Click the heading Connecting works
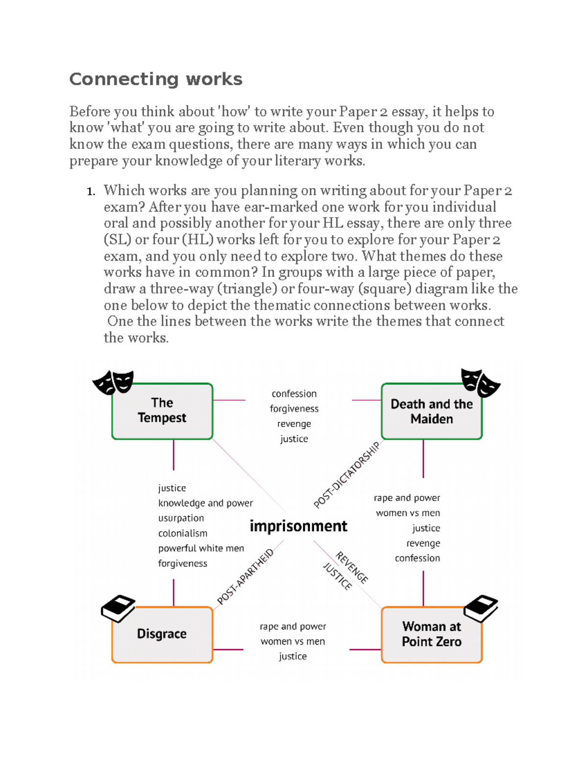(156, 79)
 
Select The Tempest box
(162, 411)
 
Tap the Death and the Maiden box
(431, 412)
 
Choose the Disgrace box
(162, 634)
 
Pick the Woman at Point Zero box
(431, 634)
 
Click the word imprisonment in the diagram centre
(298, 526)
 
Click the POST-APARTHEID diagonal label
(245, 577)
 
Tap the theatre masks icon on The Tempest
(114, 383)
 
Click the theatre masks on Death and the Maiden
(480, 383)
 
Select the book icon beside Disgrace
(118, 608)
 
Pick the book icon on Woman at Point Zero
(481, 608)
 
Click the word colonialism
(183, 534)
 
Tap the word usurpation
(181, 518)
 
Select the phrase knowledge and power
(205, 503)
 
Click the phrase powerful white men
(201, 549)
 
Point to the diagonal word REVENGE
(352, 567)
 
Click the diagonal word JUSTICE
(338, 576)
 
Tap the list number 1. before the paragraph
(91, 192)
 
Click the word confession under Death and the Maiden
(417, 558)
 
